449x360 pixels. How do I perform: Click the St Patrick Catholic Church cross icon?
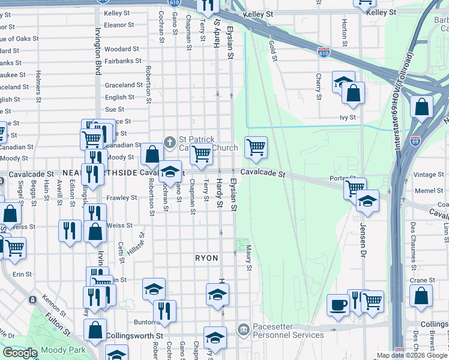(x=170, y=143)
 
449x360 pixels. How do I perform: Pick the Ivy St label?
(x=348, y=118)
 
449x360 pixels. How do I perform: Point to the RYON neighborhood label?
(x=206, y=257)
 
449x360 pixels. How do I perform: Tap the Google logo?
(x=20, y=353)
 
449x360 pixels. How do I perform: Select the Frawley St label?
(x=122, y=197)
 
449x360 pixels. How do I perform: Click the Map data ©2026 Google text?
(x=412, y=355)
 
